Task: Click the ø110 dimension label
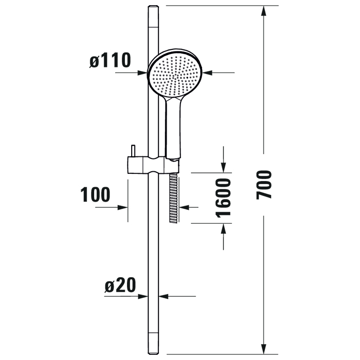click(x=110, y=60)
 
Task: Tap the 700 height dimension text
click(x=264, y=185)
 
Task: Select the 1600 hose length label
click(x=223, y=198)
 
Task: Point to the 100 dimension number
click(x=95, y=194)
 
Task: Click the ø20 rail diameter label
click(x=120, y=285)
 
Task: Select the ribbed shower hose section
click(x=173, y=198)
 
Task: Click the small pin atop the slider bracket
click(x=133, y=151)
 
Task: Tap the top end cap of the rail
click(x=153, y=16)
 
